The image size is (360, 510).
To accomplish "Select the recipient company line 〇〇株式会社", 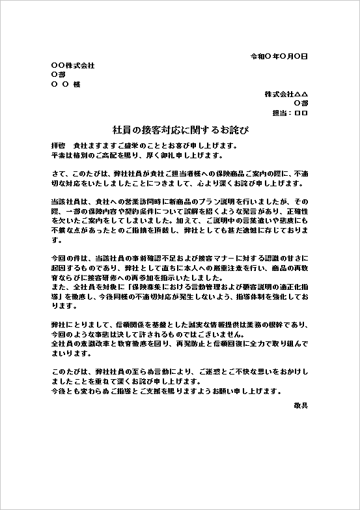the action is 72,66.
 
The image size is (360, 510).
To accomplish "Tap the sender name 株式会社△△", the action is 286,94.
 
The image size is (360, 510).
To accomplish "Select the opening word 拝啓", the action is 59,145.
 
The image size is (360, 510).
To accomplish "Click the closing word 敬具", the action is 301,404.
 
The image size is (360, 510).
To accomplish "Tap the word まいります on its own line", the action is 66,354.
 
